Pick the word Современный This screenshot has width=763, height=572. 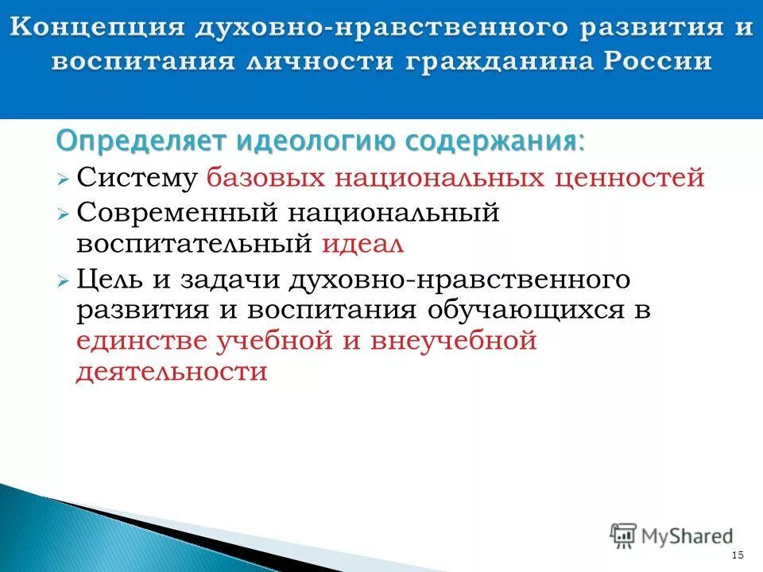pos(176,213)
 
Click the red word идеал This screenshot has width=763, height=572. pos(363,243)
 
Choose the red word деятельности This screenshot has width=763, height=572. pos(172,372)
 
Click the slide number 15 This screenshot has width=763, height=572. pos(737,554)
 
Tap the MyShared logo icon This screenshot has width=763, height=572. pos(623,534)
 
